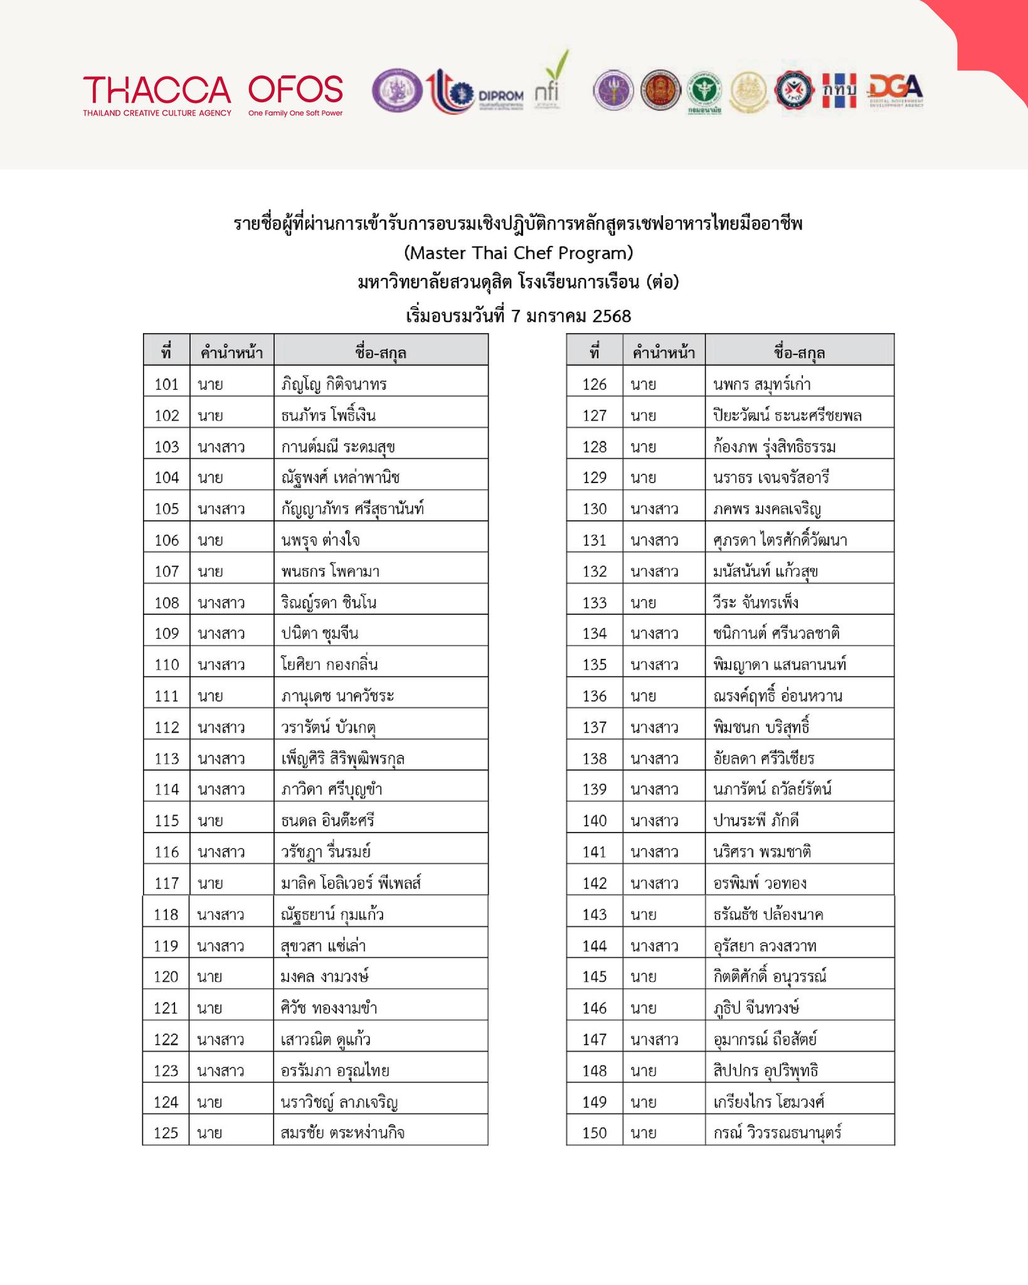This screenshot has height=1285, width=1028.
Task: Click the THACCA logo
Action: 157,94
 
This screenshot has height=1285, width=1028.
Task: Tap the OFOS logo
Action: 295,94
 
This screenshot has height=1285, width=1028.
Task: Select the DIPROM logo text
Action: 500,95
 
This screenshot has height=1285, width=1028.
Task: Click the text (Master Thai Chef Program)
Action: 518,253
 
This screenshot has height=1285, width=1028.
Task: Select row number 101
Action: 166,384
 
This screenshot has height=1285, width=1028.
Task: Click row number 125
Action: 166,1133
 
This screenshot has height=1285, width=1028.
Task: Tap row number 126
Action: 595,384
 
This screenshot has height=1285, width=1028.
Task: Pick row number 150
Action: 595,1133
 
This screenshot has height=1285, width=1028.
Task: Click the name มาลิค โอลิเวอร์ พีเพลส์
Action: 351,883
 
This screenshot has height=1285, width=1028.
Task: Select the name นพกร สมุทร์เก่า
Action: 761,384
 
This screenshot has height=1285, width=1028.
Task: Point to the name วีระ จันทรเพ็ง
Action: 755,603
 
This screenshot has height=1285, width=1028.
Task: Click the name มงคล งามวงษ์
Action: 324,977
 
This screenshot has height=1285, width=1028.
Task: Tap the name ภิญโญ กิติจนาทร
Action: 334,384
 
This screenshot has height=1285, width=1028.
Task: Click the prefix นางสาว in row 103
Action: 221,447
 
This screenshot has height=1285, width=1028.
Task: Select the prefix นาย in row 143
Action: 644,915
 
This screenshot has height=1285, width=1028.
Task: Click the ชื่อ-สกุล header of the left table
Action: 381,353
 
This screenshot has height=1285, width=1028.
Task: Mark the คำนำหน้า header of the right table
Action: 664,353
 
